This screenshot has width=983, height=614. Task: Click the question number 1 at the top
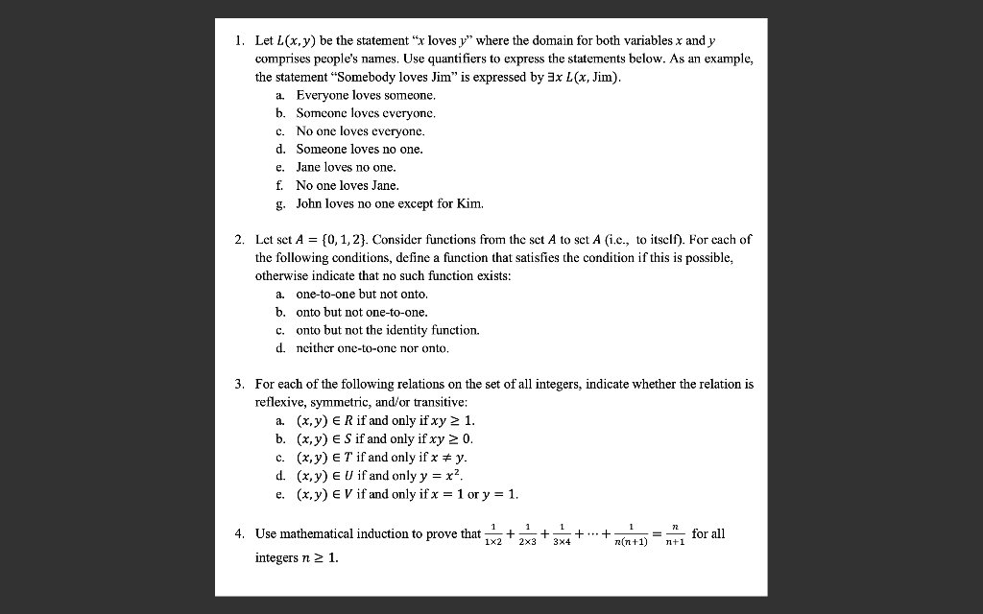coord(238,41)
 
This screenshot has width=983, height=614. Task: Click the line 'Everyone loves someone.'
coord(365,95)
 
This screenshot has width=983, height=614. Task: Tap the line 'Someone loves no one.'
coord(359,149)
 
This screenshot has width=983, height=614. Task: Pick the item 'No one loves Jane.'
coord(348,185)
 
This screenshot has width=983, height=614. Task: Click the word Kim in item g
coord(470,203)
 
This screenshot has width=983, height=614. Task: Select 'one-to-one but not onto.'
coord(362,294)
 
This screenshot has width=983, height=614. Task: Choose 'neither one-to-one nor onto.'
coord(372,347)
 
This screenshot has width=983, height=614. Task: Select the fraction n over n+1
coord(676,534)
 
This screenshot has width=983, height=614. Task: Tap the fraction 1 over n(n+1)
coord(631,534)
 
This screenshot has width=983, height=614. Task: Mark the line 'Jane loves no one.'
coord(346,167)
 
